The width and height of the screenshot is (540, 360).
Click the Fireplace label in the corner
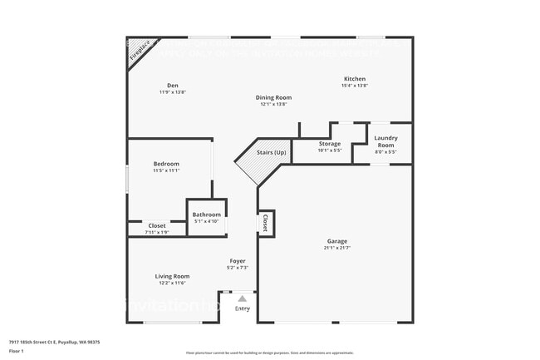pos(139,51)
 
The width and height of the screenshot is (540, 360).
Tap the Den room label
pos(173,85)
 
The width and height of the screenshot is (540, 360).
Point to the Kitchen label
pos(355,78)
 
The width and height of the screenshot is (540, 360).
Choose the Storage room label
pos(330,144)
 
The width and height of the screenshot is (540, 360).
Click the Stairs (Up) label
pos(271,153)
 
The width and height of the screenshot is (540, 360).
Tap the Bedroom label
pos(166,164)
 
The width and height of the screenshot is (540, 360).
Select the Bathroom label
pos(207,215)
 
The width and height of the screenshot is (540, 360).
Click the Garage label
pos(336,242)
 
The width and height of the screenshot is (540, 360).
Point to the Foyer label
pos(238,261)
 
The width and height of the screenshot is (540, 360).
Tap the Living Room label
pos(172,276)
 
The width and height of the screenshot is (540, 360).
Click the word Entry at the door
pos(242,308)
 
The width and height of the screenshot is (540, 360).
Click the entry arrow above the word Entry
pos(242,298)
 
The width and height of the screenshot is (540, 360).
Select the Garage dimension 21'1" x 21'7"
pos(336,249)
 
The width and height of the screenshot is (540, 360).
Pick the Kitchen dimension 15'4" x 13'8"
pos(355,86)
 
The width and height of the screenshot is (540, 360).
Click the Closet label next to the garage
pos(265,223)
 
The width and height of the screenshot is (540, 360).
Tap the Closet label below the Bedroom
pos(157,225)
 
